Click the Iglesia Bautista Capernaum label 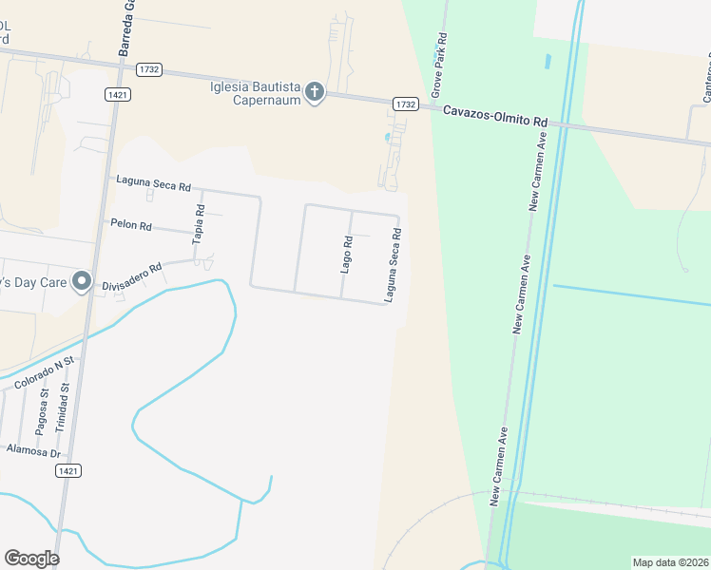click(255, 93)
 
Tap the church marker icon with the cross click(314, 93)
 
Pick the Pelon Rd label click(132, 226)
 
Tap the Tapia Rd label click(199, 225)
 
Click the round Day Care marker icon click(83, 281)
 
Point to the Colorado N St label click(45, 373)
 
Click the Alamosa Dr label click(33, 450)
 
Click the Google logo click(31, 559)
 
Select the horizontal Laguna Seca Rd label click(153, 180)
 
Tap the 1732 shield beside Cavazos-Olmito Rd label click(406, 104)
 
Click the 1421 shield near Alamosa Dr click(67, 470)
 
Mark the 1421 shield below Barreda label click(119, 95)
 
